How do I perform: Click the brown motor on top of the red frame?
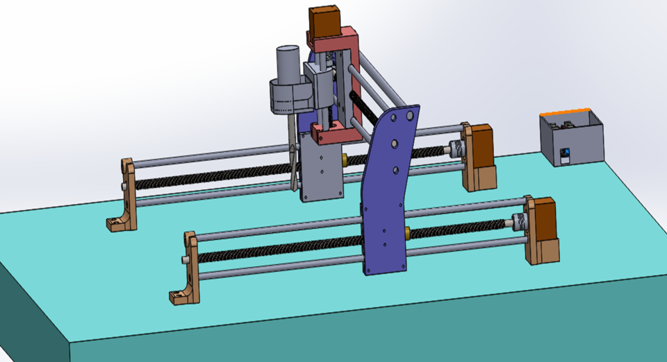tap(324, 22)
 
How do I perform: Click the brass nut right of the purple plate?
tap(407, 234)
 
